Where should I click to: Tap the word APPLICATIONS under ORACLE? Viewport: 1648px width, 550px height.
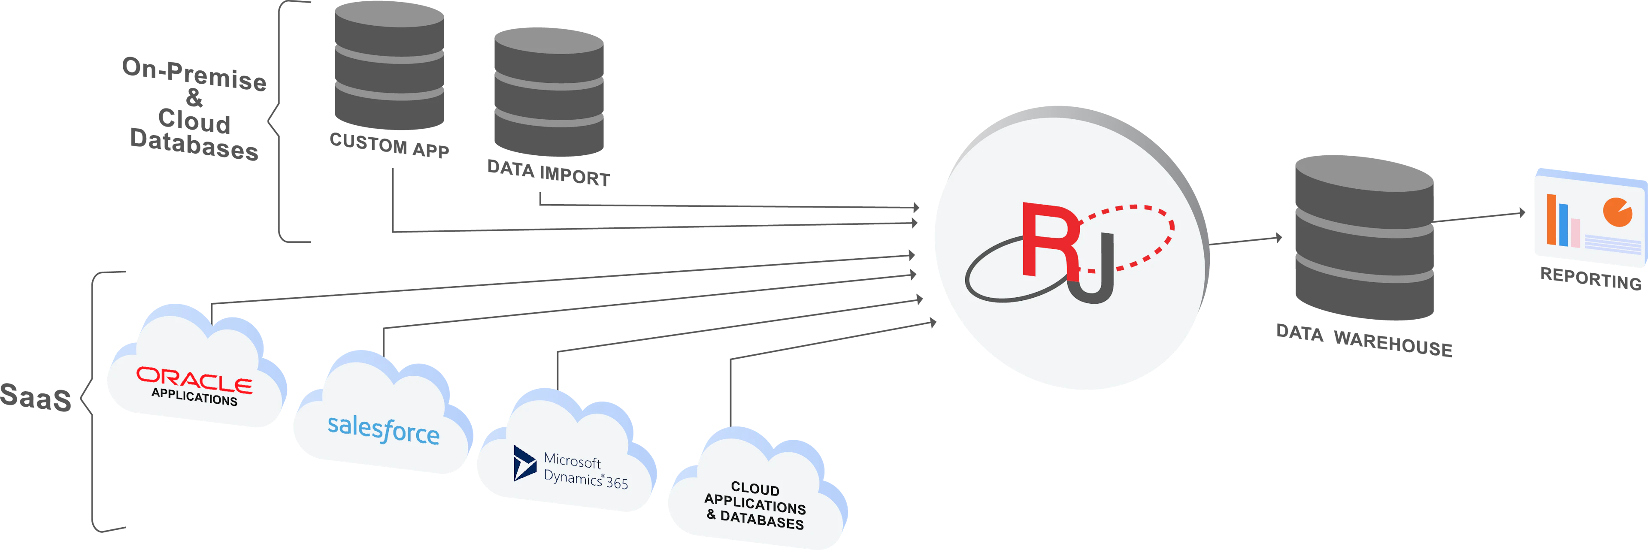pos(194,397)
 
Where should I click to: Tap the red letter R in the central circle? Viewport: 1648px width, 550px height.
pos(1049,240)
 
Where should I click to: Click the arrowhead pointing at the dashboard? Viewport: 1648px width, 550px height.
pos(1523,213)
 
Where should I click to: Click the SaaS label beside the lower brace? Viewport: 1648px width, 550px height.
pos(35,396)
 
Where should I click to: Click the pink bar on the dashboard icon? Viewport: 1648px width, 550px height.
pos(1575,233)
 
